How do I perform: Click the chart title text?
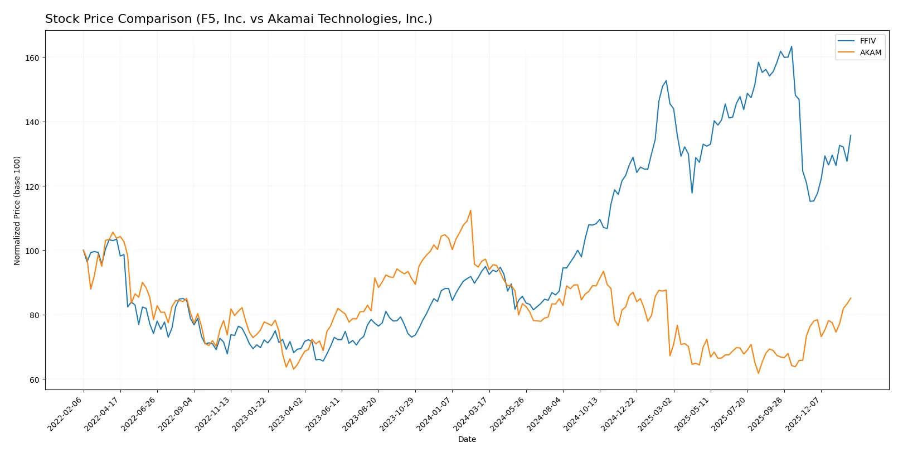click(x=239, y=19)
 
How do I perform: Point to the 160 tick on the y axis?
click(x=32, y=57)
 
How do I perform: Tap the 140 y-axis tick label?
click(x=32, y=122)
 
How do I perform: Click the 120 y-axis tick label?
click(x=32, y=186)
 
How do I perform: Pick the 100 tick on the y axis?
click(x=32, y=251)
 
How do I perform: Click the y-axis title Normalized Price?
click(x=17, y=210)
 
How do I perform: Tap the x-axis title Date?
click(x=467, y=439)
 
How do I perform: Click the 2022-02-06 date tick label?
click(x=66, y=413)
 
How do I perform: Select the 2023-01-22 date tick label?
click(x=250, y=413)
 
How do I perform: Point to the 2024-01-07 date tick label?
click(x=434, y=413)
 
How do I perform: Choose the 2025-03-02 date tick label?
click(x=656, y=413)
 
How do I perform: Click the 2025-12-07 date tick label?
click(x=803, y=413)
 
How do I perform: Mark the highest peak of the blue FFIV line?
click(x=792, y=46)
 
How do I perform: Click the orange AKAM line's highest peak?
click(x=470, y=210)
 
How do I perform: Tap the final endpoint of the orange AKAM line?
click(x=851, y=298)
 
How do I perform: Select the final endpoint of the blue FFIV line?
click(x=851, y=135)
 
